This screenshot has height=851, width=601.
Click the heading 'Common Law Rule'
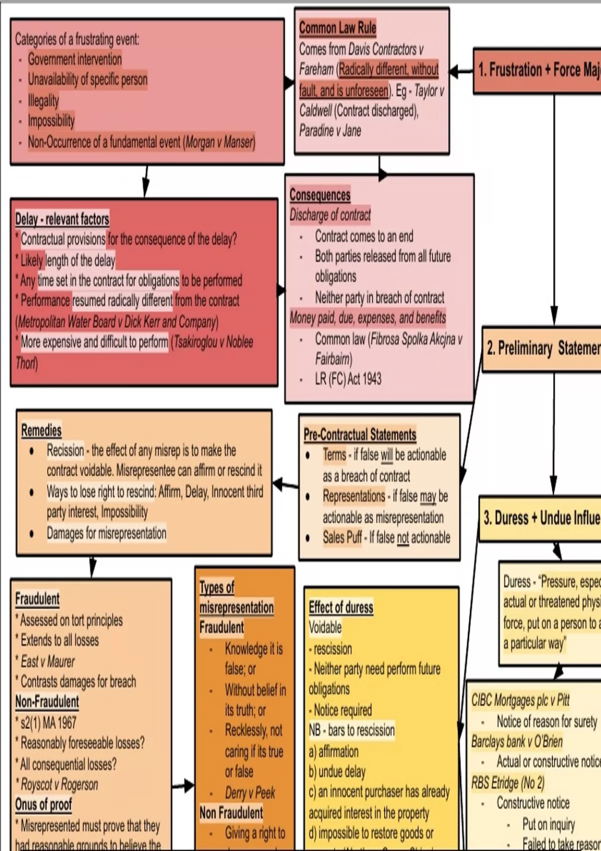338,28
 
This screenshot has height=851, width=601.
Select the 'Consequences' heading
320,195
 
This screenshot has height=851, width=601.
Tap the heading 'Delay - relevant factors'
62,219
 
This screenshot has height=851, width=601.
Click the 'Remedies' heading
42,431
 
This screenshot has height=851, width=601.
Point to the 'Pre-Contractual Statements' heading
360,435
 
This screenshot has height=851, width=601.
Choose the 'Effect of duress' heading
341,607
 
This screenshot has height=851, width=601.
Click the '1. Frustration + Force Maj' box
538,70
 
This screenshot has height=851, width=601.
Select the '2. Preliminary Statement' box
542,348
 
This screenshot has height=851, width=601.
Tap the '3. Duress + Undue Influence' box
541,518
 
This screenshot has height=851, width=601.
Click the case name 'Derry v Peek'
250,792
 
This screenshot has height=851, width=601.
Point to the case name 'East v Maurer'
48,661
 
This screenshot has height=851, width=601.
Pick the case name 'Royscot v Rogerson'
59,784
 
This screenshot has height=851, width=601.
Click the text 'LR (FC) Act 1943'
348,379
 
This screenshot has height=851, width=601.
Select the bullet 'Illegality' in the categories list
43,101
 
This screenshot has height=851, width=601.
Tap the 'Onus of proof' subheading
44,804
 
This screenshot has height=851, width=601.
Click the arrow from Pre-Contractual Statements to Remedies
285,485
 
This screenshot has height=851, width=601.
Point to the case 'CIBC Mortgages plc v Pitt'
520,700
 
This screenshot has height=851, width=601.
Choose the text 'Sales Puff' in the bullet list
342,538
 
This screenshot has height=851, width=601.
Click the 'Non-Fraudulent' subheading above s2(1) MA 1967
47,702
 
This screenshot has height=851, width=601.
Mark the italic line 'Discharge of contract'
330,215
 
